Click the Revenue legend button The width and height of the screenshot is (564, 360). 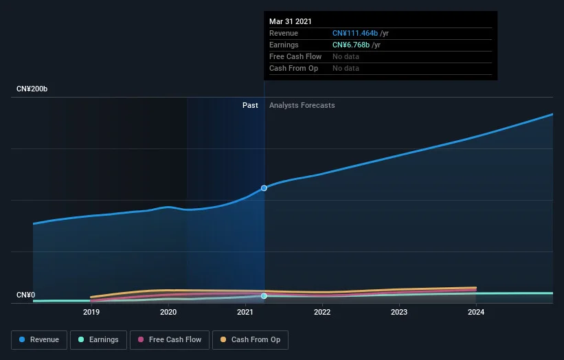tap(39, 340)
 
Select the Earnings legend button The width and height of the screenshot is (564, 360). tap(98, 340)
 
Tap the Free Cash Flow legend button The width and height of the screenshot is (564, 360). tap(170, 340)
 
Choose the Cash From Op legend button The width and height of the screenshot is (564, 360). tap(250, 340)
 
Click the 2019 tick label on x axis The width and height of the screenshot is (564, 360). tap(91, 312)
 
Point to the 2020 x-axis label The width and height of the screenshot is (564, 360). tap(168, 312)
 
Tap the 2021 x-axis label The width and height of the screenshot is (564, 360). tap(245, 312)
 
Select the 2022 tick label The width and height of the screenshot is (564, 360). tap(322, 312)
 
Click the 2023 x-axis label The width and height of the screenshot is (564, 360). tap(399, 312)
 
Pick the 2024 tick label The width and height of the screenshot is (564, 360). tap(476, 312)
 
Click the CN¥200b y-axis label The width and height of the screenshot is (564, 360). tap(32, 89)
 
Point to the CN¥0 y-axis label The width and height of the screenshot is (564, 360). tap(26, 295)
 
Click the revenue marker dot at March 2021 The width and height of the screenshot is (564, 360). tap(264, 188)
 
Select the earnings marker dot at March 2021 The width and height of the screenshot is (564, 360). tap(264, 296)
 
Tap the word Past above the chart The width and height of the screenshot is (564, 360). tap(250, 105)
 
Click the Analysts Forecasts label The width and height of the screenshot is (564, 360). tap(302, 105)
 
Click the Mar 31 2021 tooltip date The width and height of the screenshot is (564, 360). tap(291, 21)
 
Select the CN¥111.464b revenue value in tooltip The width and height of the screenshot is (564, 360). tap(355, 33)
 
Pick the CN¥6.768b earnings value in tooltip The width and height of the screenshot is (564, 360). tap(351, 45)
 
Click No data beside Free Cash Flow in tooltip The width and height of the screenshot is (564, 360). tap(346, 56)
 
